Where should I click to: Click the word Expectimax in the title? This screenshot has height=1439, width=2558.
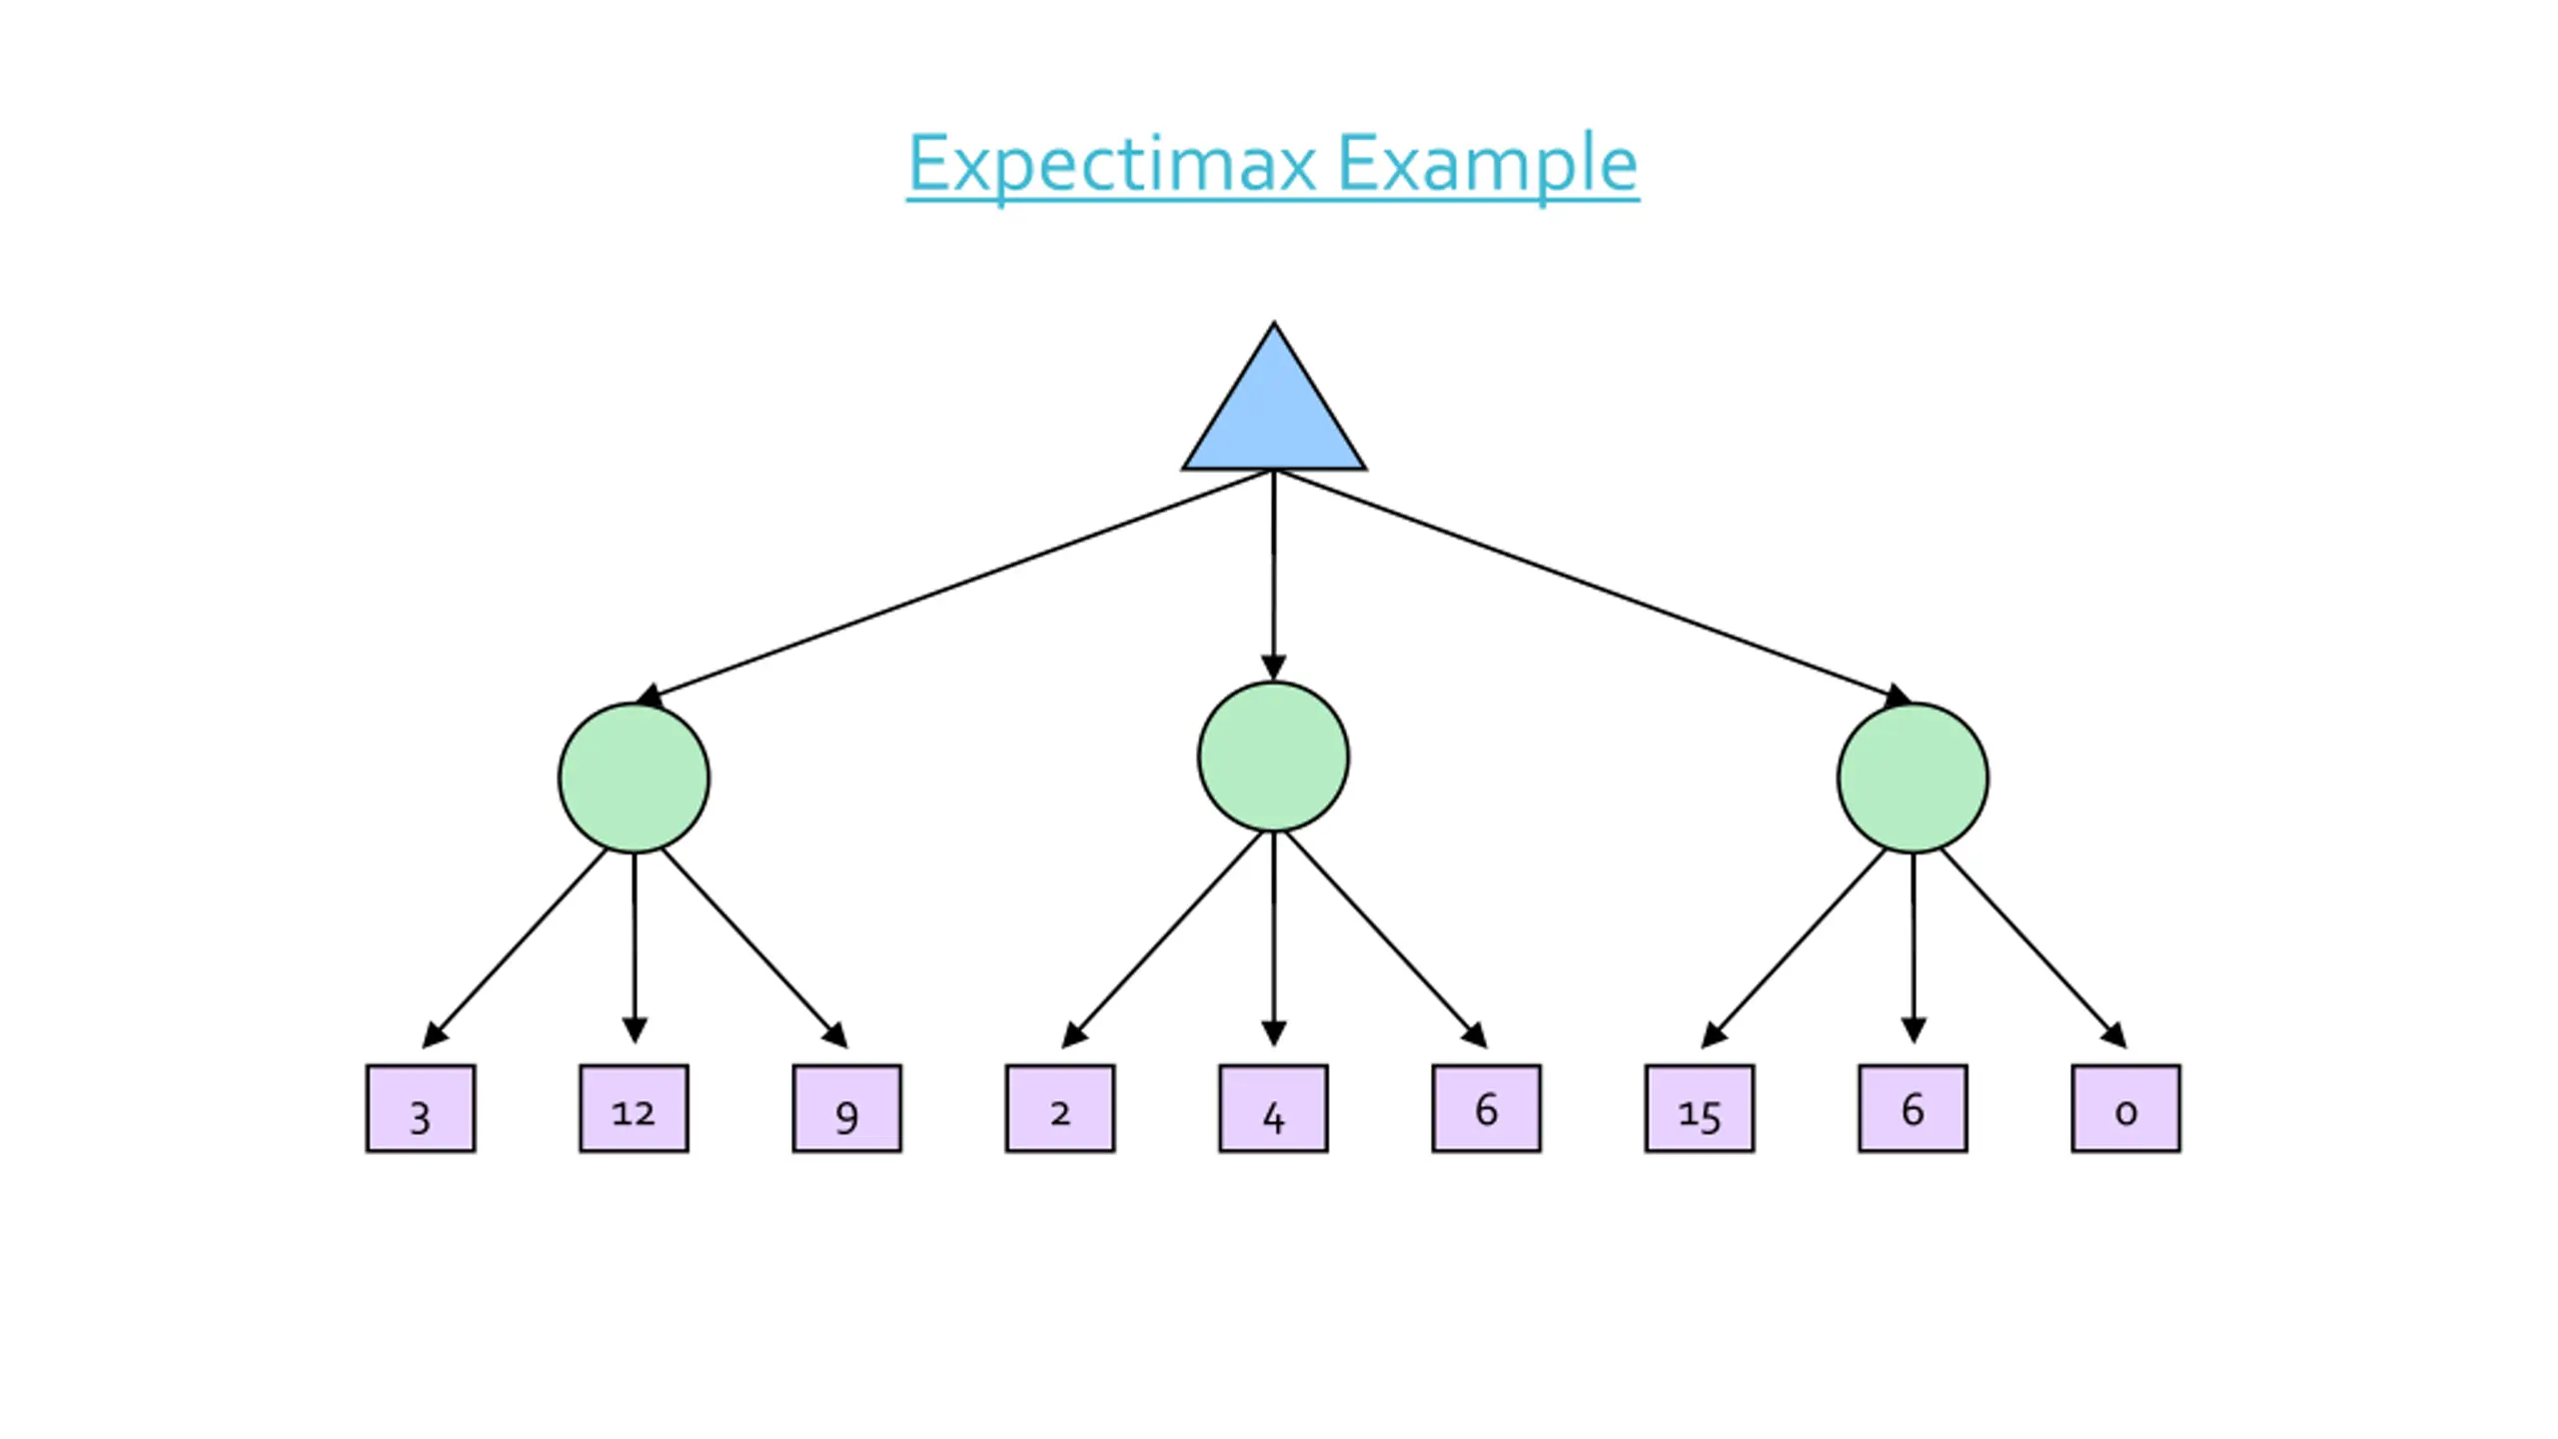[1112, 164]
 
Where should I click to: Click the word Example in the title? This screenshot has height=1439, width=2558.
[1488, 164]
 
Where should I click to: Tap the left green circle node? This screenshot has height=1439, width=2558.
[634, 777]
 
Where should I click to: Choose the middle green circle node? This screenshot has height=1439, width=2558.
[1273, 756]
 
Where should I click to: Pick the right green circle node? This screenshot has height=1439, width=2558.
[1913, 777]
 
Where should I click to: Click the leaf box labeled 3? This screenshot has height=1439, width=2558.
[421, 1108]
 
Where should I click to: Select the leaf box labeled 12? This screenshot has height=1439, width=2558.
[634, 1108]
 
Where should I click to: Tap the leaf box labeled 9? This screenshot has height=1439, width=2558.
[847, 1108]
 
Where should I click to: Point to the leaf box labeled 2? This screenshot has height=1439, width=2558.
[1060, 1108]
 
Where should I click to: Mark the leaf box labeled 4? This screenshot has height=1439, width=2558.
[1273, 1108]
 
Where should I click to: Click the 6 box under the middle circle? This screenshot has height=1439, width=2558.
[1487, 1108]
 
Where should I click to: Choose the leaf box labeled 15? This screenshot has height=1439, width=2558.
[1700, 1108]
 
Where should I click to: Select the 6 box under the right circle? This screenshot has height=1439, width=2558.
[1913, 1108]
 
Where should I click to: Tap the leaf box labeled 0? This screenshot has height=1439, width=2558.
[2126, 1108]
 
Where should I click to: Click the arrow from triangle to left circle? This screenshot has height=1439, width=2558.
[954, 588]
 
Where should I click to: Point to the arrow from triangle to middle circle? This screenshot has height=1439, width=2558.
[1273, 576]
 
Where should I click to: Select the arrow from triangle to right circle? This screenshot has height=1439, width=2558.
[1593, 588]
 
